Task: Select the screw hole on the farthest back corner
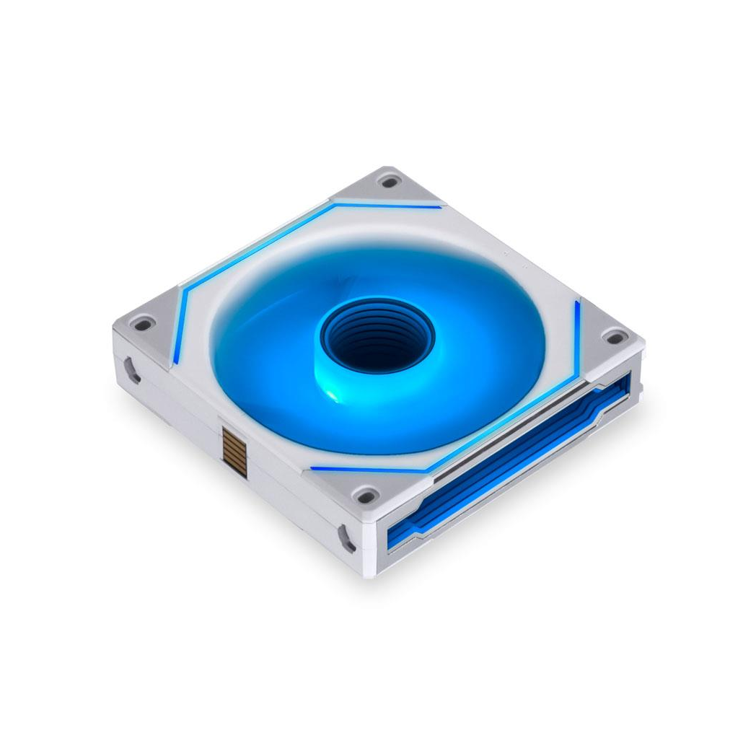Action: (390, 182)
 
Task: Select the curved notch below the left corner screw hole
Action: (131, 369)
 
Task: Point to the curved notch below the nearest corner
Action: (347, 537)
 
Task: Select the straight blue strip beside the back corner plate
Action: (390, 205)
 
